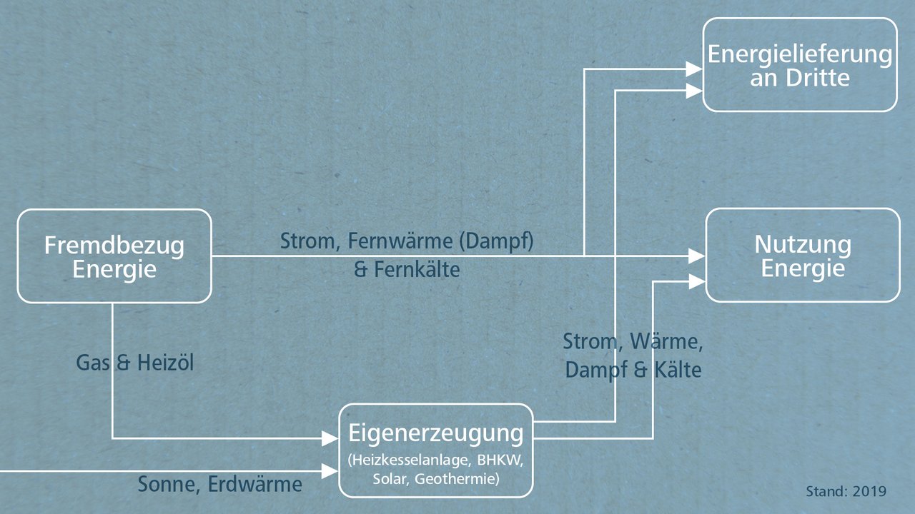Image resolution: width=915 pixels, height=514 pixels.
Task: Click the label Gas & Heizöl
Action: tap(135, 363)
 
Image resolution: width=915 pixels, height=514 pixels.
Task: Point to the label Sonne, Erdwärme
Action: tap(219, 484)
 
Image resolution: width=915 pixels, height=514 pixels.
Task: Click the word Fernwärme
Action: tap(400, 241)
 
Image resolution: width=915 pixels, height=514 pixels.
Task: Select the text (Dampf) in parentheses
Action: tap(496, 241)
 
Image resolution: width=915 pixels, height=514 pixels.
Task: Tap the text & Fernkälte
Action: tap(407, 270)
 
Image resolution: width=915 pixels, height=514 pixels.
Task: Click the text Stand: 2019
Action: tap(846, 491)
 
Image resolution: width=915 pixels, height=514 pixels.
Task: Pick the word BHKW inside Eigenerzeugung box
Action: tap(500, 460)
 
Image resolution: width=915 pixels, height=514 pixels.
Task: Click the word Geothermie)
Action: tap(457, 479)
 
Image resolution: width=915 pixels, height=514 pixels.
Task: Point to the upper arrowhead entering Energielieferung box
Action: tap(693, 69)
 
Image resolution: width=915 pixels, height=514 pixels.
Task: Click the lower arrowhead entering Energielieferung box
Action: tap(693, 91)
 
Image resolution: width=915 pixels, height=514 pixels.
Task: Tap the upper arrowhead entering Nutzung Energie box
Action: tap(696, 256)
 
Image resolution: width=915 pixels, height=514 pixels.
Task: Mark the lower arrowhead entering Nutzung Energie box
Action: tap(696, 281)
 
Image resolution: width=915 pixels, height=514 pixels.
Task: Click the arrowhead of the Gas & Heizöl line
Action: tap(330, 439)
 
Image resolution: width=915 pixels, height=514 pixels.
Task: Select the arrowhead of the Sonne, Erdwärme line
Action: tap(330, 471)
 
